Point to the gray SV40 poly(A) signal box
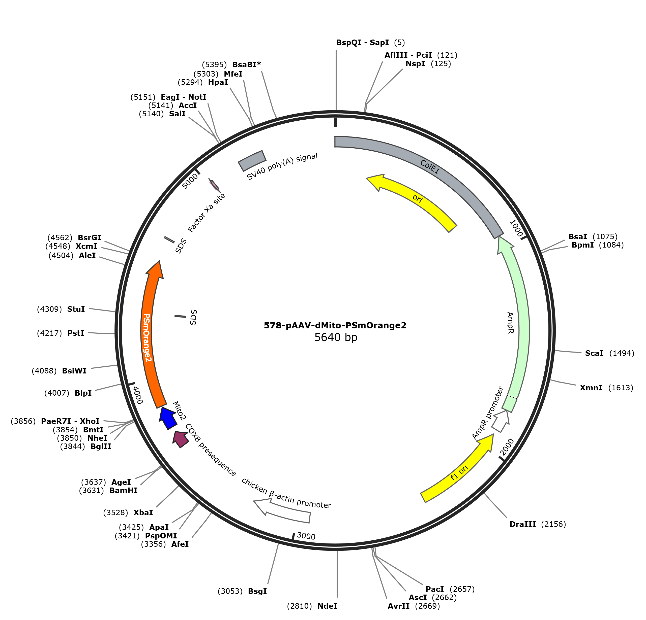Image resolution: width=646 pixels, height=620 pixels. [252, 161]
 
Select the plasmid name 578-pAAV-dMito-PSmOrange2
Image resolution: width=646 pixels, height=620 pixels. [335, 325]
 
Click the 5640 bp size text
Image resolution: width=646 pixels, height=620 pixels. [336, 337]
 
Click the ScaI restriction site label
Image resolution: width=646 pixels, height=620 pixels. [594, 353]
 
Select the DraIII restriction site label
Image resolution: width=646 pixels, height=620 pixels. [523, 524]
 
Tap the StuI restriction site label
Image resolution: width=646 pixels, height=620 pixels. [76, 309]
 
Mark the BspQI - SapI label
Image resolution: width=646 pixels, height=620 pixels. [363, 43]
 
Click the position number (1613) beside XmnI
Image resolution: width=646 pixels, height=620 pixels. [621, 388]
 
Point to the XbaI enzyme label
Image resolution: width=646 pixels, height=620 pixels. [143, 513]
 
